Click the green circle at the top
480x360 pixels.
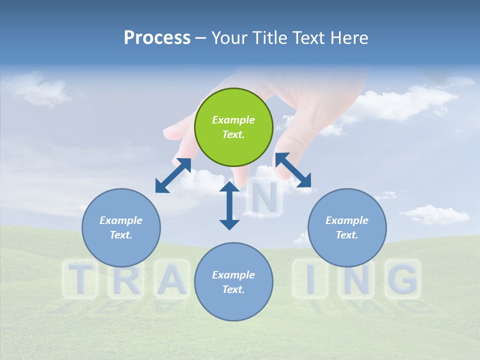233,127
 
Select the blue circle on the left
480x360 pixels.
121,227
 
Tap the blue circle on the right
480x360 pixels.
347,227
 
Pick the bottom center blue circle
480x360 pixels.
233,282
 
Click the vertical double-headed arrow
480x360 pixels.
229,205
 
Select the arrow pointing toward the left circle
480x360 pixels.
173,175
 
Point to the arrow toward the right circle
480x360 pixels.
293,170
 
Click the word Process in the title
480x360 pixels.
157,37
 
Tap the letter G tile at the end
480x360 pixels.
403,278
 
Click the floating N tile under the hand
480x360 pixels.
264,198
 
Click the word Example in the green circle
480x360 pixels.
233,120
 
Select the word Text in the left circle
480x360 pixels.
121,235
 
